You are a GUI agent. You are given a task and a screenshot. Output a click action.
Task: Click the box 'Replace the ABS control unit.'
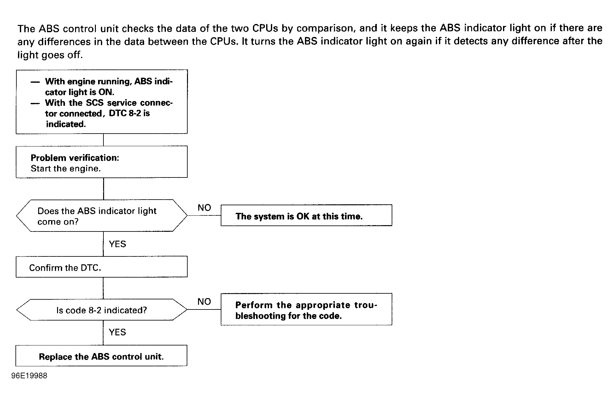point(101,356)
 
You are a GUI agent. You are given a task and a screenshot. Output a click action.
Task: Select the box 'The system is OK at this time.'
point(306,215)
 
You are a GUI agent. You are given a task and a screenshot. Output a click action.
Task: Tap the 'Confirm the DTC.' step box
point(102,267)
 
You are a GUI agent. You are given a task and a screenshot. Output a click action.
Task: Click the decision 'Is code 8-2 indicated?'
point(102,310)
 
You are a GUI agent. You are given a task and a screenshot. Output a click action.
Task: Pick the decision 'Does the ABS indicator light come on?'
point(102,215)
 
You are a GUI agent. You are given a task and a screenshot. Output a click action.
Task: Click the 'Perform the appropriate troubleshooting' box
point(306,309)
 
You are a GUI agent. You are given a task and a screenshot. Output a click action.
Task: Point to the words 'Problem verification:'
point(75,158)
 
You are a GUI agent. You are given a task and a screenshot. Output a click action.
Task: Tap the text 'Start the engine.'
point(66,169)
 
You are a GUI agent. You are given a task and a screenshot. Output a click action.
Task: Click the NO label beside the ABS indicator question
point(204,207)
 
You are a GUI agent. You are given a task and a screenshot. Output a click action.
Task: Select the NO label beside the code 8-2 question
point(204,302)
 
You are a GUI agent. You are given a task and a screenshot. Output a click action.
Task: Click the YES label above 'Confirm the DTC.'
point(117,244)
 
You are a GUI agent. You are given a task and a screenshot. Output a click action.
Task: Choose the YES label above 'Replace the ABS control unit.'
point(117,332)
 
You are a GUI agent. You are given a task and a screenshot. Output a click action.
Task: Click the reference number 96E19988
point(29,376)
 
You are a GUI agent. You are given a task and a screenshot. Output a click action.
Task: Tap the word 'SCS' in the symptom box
point(95,103)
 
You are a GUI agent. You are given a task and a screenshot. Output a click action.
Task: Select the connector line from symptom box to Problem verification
point(103,140)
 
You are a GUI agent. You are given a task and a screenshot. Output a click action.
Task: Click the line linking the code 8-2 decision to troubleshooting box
point(204,309)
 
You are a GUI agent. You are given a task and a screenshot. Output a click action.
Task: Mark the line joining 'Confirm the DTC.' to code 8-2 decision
point(103,288)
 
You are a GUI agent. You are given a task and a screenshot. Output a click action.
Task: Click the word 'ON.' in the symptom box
point(106,92)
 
